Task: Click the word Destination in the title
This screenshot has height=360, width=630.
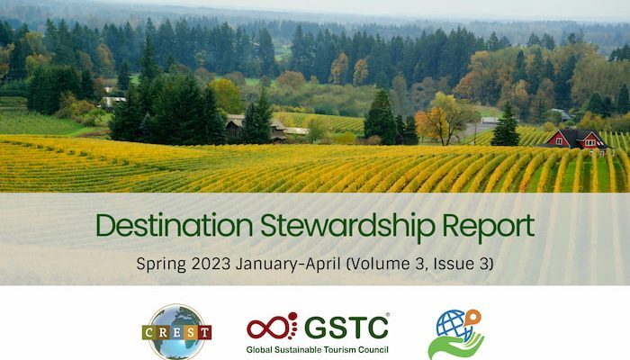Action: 175,225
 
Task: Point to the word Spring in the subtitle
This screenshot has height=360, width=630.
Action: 161,265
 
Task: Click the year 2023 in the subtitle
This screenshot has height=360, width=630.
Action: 211,264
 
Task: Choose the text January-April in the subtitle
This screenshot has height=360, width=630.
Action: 288,265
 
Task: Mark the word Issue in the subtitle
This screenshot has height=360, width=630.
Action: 451,264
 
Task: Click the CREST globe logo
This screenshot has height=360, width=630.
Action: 176,331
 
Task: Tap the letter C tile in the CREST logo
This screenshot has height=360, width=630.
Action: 148,333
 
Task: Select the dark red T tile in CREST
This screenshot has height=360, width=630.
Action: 205,333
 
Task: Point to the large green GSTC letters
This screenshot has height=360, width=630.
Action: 346,327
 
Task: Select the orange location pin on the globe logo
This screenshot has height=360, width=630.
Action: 472,319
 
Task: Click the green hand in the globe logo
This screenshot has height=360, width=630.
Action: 456,345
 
